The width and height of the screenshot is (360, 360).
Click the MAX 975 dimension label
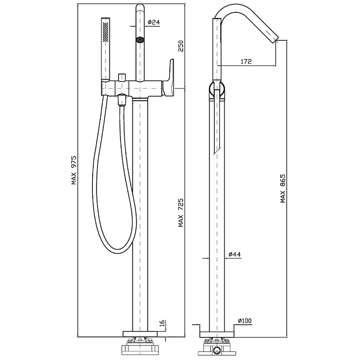pos(74,170)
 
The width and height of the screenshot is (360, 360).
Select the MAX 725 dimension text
pos(181,213)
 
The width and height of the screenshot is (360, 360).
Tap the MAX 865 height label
pos(283,188)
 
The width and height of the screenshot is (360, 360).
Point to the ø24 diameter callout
pos(154,22)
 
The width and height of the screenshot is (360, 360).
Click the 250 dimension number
pos(181,46)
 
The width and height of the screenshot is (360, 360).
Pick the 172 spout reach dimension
pos(246,61)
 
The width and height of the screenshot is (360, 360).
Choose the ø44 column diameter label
pos(235,254)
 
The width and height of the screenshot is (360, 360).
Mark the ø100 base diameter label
pos(245,320)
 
